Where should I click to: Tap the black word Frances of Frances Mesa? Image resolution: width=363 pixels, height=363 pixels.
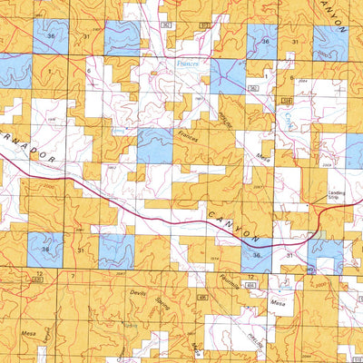coord(188,138)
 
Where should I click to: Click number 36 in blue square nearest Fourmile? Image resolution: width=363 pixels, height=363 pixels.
coord(258,257)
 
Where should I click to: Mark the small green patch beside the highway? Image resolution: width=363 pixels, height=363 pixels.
coord(319,234)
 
